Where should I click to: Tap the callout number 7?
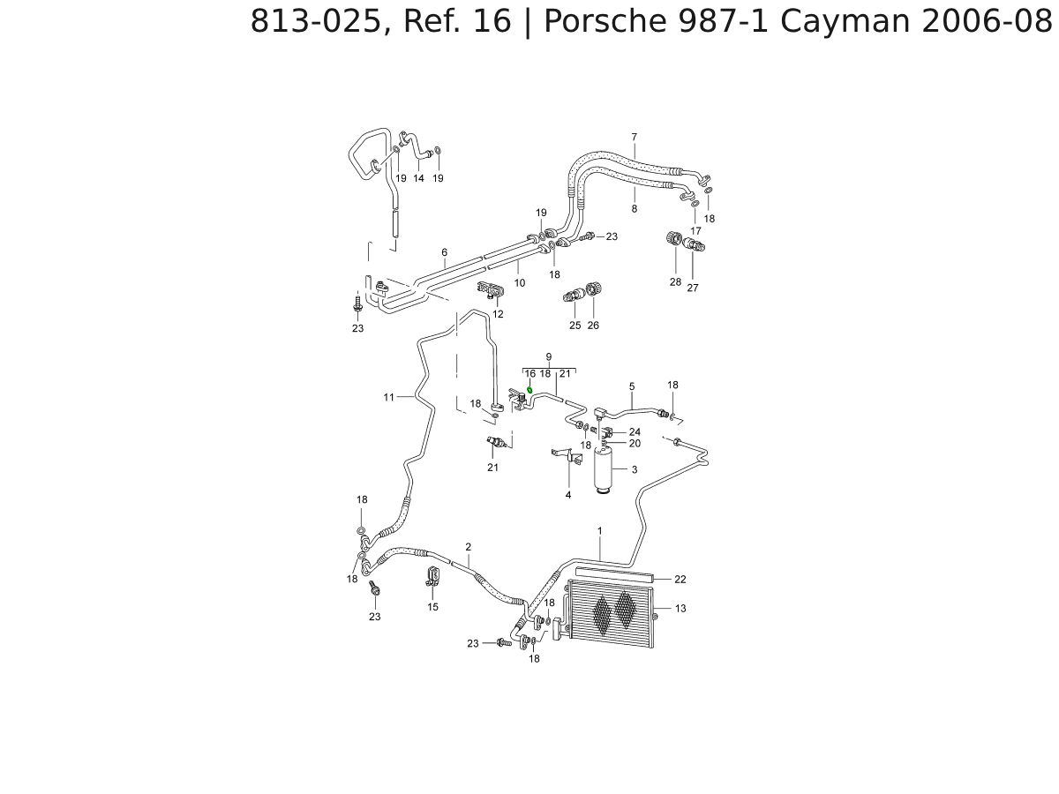(634, 137)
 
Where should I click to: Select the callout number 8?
(634, 209)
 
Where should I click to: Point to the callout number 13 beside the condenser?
(680, 609)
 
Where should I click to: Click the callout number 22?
(680, 580)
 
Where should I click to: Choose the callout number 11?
(388, 397)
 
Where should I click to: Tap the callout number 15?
(433, 607)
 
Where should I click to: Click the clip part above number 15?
(433, 578)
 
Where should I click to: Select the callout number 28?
(675, 282)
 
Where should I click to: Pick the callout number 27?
(693, 288)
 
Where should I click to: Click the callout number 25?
(575, 326)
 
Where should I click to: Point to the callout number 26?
(593, 326)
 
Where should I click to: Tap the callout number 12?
(498, 314)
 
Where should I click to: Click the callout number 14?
(419, 178)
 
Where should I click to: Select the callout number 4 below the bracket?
(568, 495)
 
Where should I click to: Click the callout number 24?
(635, 432)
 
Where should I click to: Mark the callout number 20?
(635, 443)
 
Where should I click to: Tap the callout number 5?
(632, 386)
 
